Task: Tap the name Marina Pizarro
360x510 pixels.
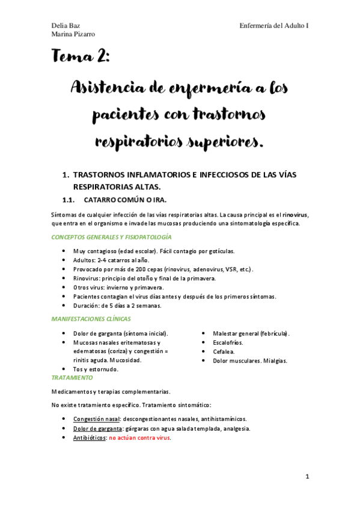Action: point(73,35)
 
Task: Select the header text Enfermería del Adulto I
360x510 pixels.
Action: point(274,26)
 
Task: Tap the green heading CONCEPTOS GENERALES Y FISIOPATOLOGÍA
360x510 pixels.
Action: point(112,238)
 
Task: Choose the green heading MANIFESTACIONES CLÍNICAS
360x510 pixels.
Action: point(91,318)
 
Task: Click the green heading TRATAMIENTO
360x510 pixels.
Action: point(72,377)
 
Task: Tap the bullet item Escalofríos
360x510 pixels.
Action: point(228,342)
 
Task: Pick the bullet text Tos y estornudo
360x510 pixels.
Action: point(96,369)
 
